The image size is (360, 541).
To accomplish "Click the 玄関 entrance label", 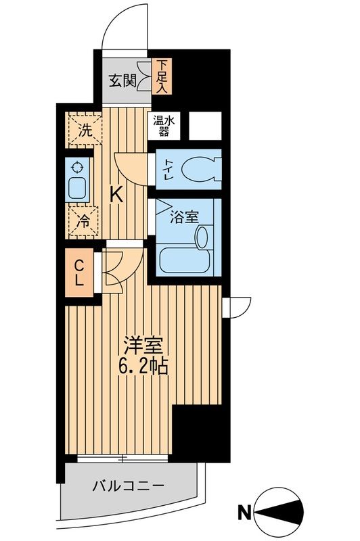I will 122,81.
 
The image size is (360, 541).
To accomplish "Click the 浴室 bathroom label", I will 184,217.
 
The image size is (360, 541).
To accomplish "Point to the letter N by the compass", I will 242,513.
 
